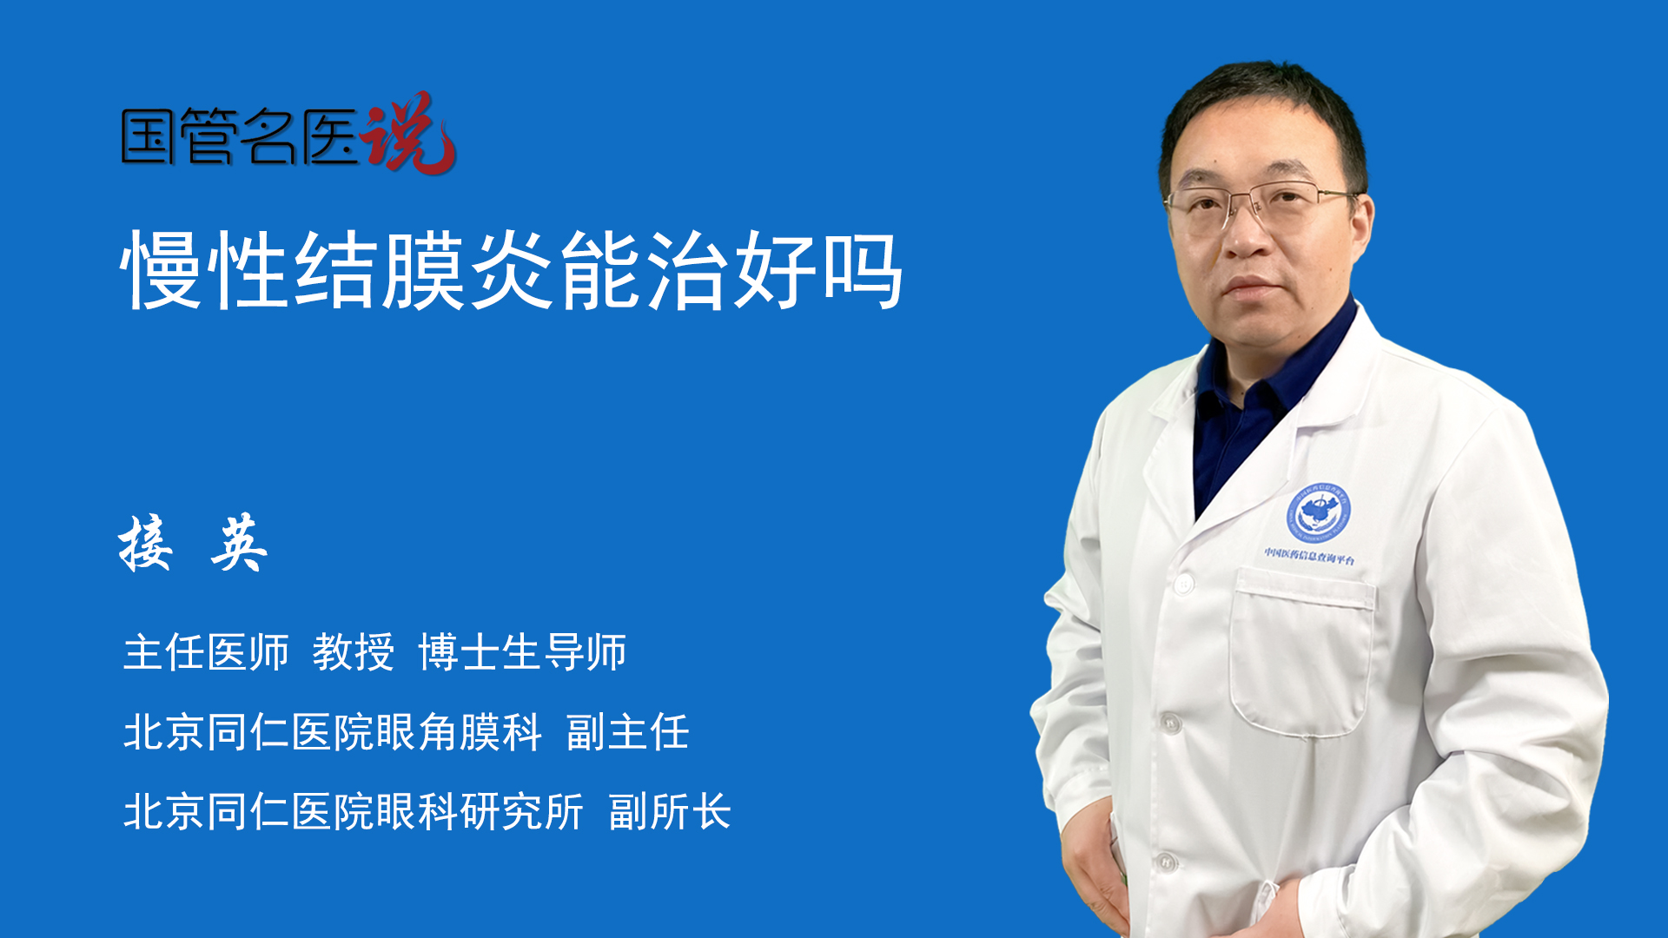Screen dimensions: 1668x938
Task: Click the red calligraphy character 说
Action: [x=408, y=132]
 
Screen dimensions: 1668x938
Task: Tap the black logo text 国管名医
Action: [x=240, y=137]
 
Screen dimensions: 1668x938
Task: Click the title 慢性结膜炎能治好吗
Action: [x=513, y=270]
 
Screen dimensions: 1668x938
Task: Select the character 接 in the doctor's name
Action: [x=145, y=543]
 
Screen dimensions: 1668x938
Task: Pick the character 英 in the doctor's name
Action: [x=239, y=543]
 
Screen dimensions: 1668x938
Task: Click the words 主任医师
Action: [x=206, y=651]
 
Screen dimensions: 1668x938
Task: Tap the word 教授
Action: [x=354, y=651]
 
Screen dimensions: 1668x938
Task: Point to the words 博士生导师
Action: [x=522, y=651]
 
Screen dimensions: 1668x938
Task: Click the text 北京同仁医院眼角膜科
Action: [x=333, y=731]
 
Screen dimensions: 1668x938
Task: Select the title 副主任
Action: [x=628, y=731]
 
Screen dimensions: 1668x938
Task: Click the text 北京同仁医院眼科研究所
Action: [x=354, y=811]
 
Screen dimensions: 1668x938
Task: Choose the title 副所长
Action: [x=670, y=811]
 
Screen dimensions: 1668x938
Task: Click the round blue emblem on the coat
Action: [x=1319, y=512]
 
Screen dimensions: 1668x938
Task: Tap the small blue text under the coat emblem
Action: [x=1309, y=556]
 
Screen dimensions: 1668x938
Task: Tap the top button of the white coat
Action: [x=1182, y=584]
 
